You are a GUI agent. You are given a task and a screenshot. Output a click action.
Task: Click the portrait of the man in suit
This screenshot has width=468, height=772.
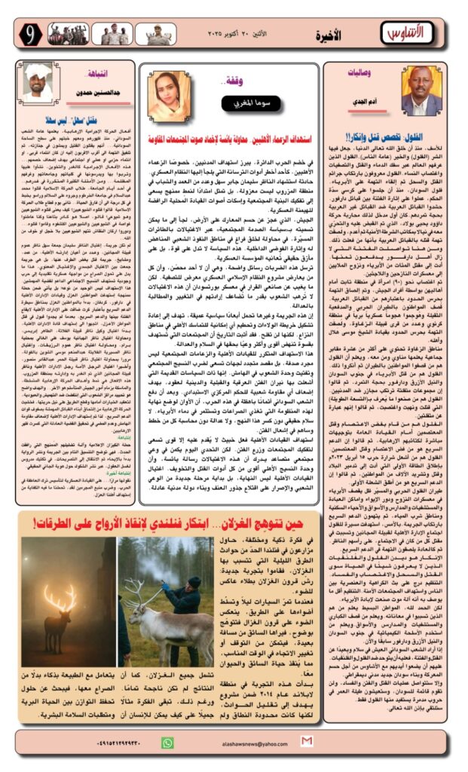pyautogui.click(x=421, y=90)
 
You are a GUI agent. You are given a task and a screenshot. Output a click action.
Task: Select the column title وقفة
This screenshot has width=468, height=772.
pyautogui.click(x=225, y=79)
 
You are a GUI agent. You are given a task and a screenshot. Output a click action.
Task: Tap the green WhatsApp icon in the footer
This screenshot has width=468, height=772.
pyautogui.click(x=168, y=742)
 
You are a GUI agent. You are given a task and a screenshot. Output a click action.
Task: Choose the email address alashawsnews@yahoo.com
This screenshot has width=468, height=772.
pyautogui.click(x=245, y=743)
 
